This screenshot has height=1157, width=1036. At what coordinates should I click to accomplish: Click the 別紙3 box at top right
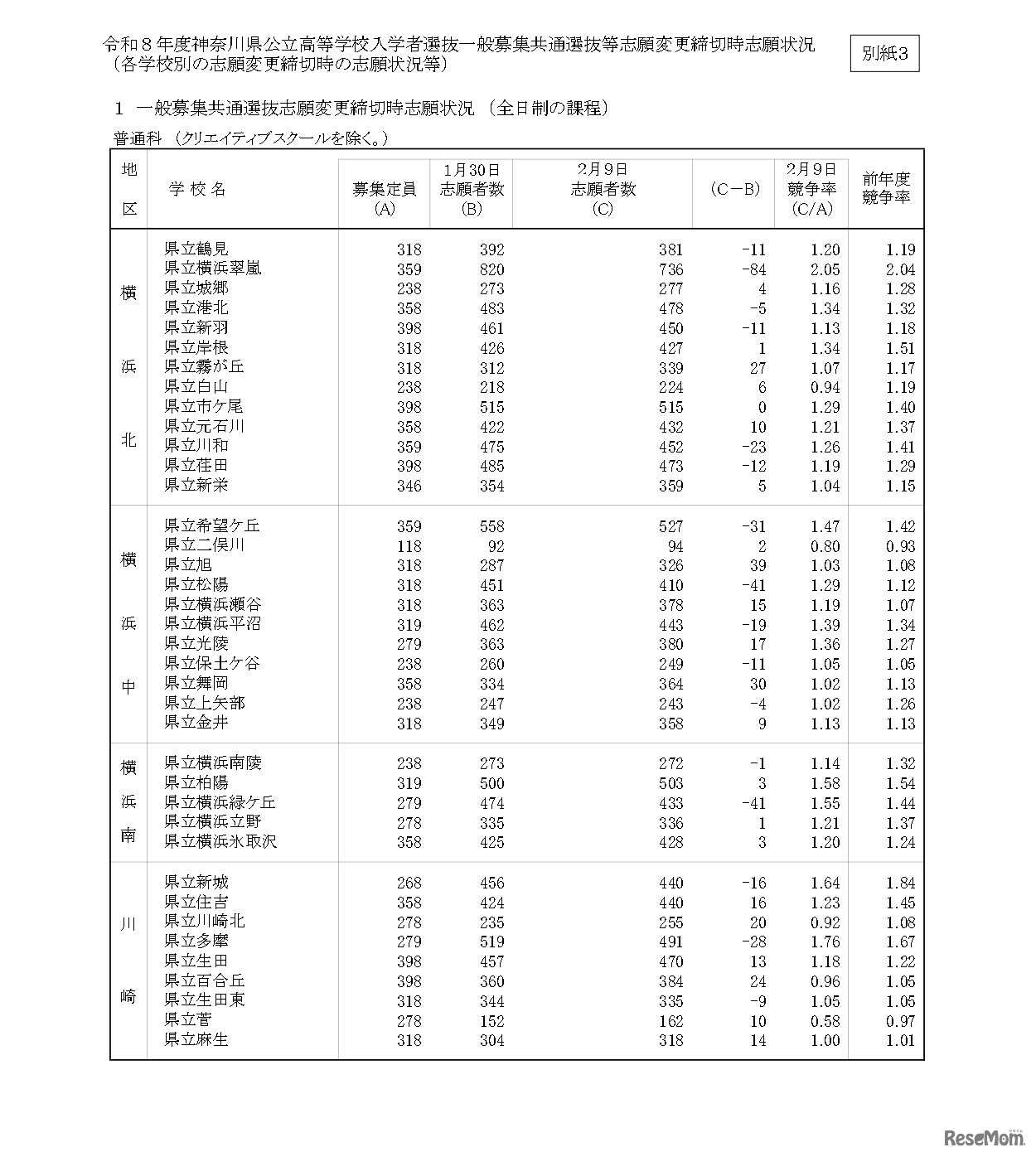click(884, 54)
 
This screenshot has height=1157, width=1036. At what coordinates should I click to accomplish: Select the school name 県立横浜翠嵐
click(213, 269)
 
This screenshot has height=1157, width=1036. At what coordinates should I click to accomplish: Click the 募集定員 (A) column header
click(384, 198)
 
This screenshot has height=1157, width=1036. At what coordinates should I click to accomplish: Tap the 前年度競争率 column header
click(886, 188)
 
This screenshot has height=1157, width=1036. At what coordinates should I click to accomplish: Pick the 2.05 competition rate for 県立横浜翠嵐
click(825, 269)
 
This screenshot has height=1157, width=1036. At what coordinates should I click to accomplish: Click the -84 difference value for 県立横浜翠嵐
click(754, 269)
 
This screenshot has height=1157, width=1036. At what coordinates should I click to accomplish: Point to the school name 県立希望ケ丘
click(212, 525)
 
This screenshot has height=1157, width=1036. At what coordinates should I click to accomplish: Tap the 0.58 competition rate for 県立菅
click(825, 1021)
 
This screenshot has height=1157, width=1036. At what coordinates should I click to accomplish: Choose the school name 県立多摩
click(196, 942)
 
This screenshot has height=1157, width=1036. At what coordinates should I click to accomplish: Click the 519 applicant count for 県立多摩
click(491, 942)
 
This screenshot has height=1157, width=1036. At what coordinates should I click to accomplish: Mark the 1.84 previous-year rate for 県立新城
click(899, 883)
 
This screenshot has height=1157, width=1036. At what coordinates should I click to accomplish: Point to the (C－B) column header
click(734, 189)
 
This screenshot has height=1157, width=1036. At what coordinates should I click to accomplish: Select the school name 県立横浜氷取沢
click(220, 842)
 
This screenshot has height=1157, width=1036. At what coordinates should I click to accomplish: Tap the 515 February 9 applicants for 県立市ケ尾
click(670, 407)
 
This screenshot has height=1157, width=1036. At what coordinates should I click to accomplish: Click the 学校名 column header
click(198, 189)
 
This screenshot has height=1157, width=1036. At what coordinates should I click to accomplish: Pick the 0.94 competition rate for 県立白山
click(825, 387)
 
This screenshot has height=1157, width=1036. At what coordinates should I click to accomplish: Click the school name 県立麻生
click(196, 1040)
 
